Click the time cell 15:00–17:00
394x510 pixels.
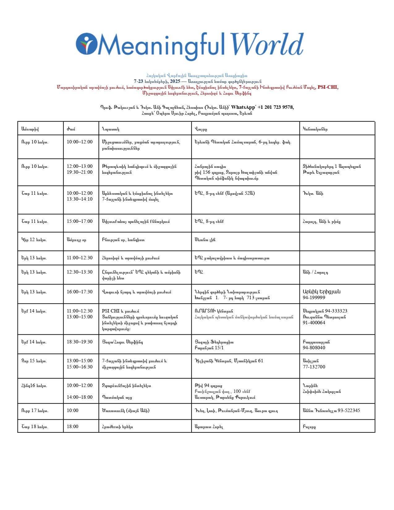(79, 221)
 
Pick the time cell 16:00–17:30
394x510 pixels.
(79, 292)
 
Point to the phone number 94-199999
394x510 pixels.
(314, 298)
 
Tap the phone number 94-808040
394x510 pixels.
(314, 348)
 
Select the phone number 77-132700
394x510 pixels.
(314, 367)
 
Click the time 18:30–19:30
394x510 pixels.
(79, 342)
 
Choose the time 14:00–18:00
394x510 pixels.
(79, 397)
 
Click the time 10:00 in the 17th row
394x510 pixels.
(73, 410)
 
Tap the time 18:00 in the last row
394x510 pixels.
(73, 427)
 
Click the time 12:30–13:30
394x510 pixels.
(79, 272)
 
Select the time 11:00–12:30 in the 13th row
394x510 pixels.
(79, 258)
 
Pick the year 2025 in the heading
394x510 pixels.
(175, 81)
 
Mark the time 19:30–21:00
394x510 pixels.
(79, 172)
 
